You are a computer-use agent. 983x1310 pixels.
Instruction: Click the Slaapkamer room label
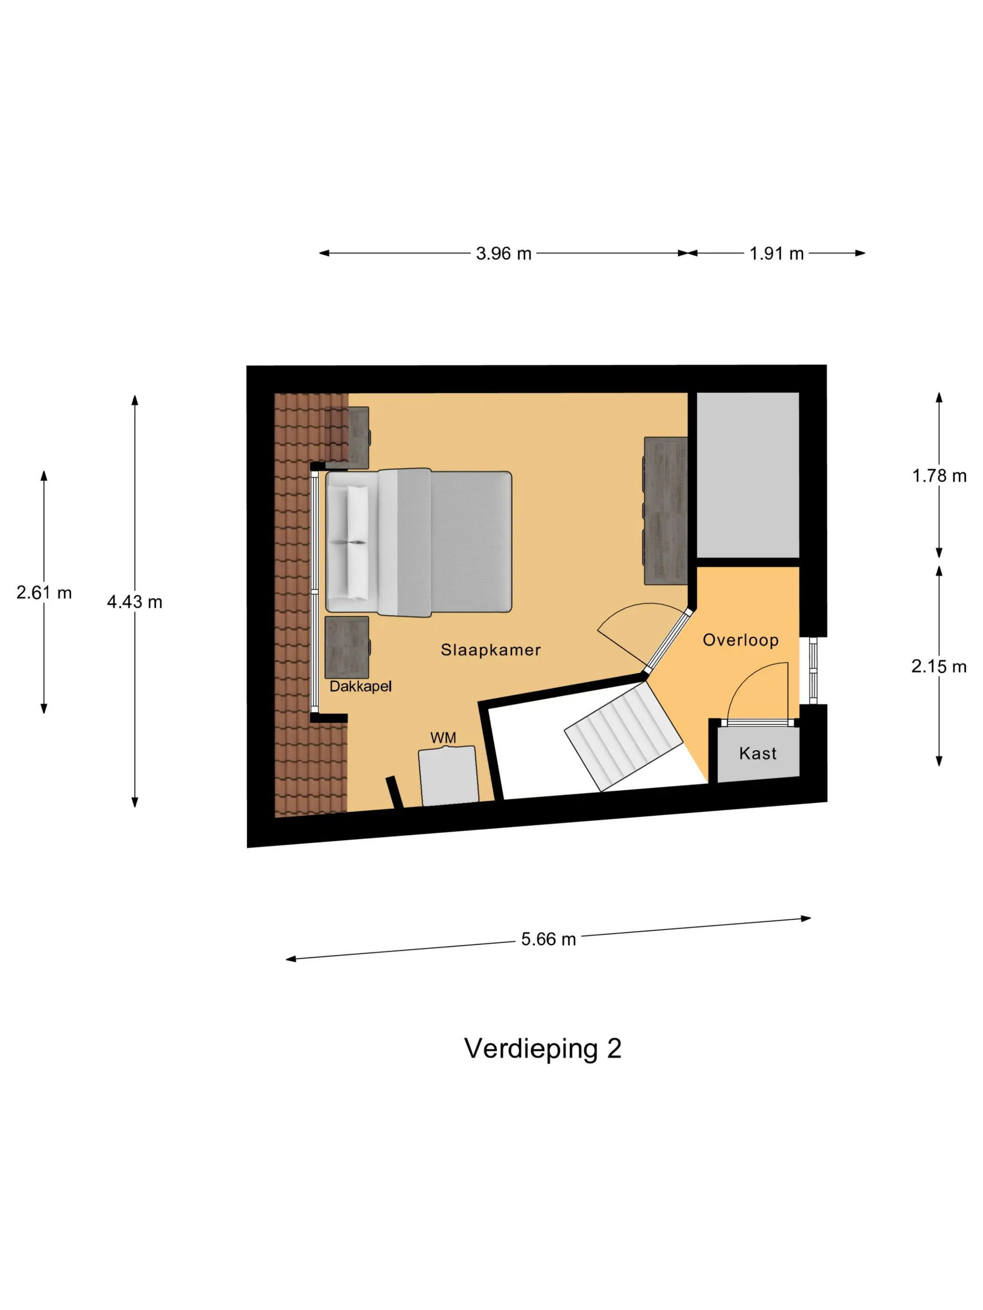pyautogui.click(x=490, y=650)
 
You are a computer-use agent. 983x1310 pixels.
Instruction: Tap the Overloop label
pyautogui.click(x=740, y=640)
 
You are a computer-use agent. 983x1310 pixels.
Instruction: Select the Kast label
pyautogui.click(x=757, y=753)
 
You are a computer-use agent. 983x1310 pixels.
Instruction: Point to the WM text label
pyautogui.click(x=443, y=737)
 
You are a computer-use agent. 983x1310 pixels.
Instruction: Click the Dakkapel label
pyautogui.click(x=360, y=686)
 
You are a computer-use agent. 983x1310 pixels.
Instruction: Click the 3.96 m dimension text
pyautogui.click(x=503, y=254)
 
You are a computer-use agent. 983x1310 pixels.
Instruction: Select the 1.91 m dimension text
pyautogui.click(x=776, y=254)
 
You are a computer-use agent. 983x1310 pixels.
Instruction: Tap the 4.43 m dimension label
pyautogui.click(x=134, y=602)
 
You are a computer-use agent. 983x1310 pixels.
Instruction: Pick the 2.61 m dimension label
pyautogui.click(x=44, y=592)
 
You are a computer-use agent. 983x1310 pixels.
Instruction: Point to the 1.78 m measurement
pyautogui.click(x=939, y=475)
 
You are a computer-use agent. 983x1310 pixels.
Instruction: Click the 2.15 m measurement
pyautogui.click(x=939, y=666)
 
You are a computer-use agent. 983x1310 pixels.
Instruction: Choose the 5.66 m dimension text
pyautogui.click(x=548, y=939)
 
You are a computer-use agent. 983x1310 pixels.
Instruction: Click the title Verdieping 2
pyautogui.click(x=543, y=1048)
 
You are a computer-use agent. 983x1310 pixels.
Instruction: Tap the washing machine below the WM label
pyautogui.click(x=448, y=775)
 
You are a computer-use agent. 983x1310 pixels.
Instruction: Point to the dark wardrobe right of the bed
pyautogui.click(x=666, y=510)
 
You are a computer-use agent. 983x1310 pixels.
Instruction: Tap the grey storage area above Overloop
pyautogui.click(x=747, y=474)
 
